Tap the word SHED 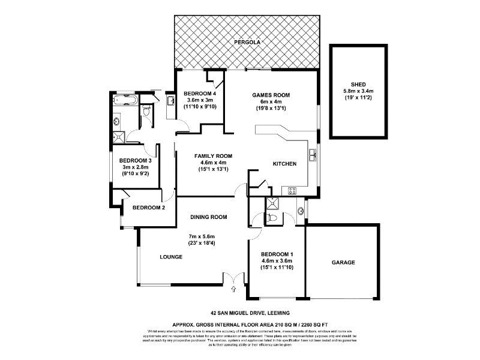(x=358, y=84)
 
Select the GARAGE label (x=343, y=262)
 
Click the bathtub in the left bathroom (x=125, y=100)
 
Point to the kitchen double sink (x=313, y=155)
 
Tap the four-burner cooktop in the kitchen (x=293, y=191)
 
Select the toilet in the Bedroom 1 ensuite (x=273, y=218)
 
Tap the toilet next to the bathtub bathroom (x=148, y=111)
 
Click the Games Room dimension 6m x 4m (x=271, y=102)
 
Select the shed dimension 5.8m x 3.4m (x=358, y=91)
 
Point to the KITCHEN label (x=285, y=164)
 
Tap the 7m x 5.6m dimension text (x=202, y=236)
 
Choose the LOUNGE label (x=171, y=257)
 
